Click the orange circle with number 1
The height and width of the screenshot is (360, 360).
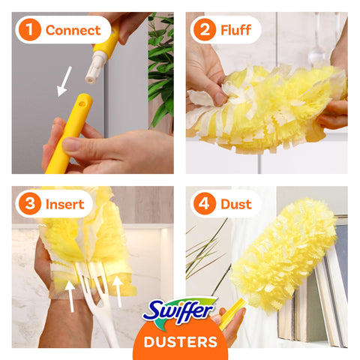click(x=30, y=30)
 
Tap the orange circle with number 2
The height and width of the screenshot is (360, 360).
click(x=205, y=30)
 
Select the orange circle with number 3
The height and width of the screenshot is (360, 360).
click(x=30, y=204)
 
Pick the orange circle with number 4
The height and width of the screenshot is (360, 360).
click(x=205, y=204)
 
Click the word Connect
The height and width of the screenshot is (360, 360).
click(x=73, y=30)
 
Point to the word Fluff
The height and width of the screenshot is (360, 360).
click(x=235, y=30)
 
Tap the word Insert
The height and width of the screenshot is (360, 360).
click(x=65, y=204)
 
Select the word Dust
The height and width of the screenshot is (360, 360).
click(x=236, y=204)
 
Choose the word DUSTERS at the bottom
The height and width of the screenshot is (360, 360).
click(x=181, y=342)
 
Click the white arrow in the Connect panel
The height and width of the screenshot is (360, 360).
click(x=64, y=82)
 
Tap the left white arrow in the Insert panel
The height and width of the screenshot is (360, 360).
click(x=70, y=296)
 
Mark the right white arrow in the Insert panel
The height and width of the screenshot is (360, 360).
click(x=118, y=291)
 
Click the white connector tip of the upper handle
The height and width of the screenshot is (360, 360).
click(x=94, y=67)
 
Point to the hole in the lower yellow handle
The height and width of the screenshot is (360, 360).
click(x=81, y=103)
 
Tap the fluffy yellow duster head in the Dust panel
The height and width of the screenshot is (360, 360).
click(x=283, y=253)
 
